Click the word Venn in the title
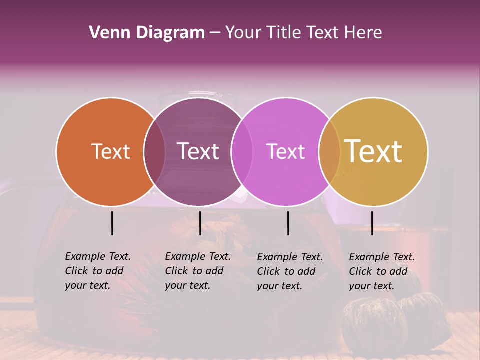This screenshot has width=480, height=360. tap(109, 33)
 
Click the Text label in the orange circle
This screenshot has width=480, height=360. tap(110, 151)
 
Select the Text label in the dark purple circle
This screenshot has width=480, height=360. tap(198, 151)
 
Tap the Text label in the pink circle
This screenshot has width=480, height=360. tap(285, 151)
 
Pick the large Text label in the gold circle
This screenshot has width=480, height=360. tap(373, 151)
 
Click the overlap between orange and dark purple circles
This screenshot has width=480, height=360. tap(154, 151)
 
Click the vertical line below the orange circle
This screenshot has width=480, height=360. tap(112, 223)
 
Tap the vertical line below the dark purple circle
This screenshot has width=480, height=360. tap(200, 223)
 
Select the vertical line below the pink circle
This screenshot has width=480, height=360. tap(288, 223)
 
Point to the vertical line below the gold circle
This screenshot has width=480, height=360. tap(372, 223)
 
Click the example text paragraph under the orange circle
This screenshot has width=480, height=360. tap(98, 271)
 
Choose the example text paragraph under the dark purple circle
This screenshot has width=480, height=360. tap(198, 271)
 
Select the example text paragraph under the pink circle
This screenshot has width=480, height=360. tap(290, 271)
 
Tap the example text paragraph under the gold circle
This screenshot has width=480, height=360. tap(382, 271)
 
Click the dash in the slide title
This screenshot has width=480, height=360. tap(215, 33)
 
